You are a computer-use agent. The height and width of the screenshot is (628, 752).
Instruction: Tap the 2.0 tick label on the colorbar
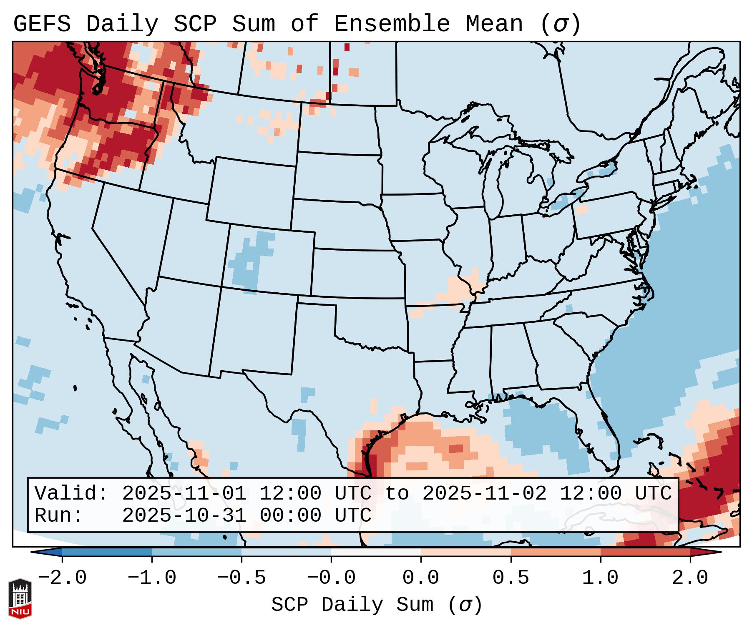pyautogui.click(x=690, y=578)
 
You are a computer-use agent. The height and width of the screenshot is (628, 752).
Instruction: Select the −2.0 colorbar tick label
pyautogui.click(x=62, y=578)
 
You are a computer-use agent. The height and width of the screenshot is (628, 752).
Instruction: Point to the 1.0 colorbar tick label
pyautogui.click(x=600, y=578)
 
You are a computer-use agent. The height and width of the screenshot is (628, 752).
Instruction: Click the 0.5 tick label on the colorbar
pyautogui.click(x=511, y=578)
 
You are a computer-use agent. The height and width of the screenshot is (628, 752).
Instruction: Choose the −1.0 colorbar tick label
pyautogui.click(x=152, y=578)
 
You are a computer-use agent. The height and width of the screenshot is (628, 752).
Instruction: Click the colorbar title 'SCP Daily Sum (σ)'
pyautogui.click(x=376, y=605)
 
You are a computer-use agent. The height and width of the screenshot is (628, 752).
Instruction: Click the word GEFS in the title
pyautogui.click(x=42, y=24)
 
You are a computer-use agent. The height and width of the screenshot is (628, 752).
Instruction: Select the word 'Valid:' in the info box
pyautogui.click(x=71, y=493)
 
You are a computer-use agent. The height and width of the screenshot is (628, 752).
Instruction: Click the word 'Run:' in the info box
pyautogui.click(x=59, y=515)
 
